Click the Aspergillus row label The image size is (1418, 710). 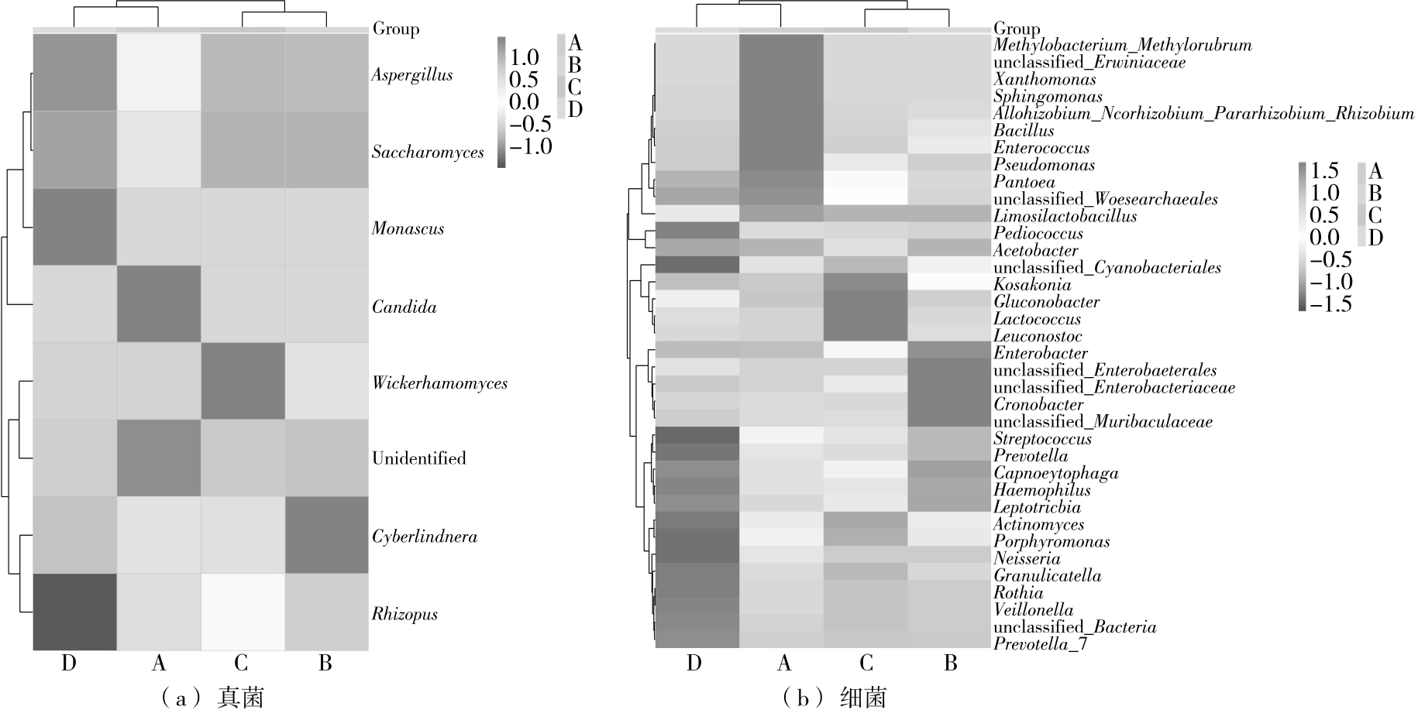pyautogui.click(x=411, y=75)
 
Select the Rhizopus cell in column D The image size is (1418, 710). pyautogui.click(x=74, y=612)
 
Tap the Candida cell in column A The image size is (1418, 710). pyautogui.click(x=159, y=304)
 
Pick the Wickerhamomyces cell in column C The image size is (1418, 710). pyautogui.click(x=243, y=381)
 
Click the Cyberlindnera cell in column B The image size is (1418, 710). pyautogui.click(x=326, y=535)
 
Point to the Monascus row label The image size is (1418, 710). pyautogui.click(x=408, y=228)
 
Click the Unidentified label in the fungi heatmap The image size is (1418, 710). pyautogui.click(x=418, y=458)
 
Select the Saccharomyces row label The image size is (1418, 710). pyautogui.click(x=428, y=152)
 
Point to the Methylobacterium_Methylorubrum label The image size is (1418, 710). pyautogui.click(x=1122, y=46)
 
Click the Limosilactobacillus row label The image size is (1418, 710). pyautogui.click(x=1065, y=217)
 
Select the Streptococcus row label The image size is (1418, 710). pyautogui.click(x=1042, y=439)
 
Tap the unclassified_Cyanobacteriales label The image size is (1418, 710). pyautogui.click(x=1107, y=268)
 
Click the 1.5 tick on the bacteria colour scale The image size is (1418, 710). pyautogui.click(x=1324, y=170)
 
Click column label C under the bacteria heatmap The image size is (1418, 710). pyautogui.click(x=866, y=663)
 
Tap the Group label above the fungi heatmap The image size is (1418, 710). pyautogui.click(x=396, y=29)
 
